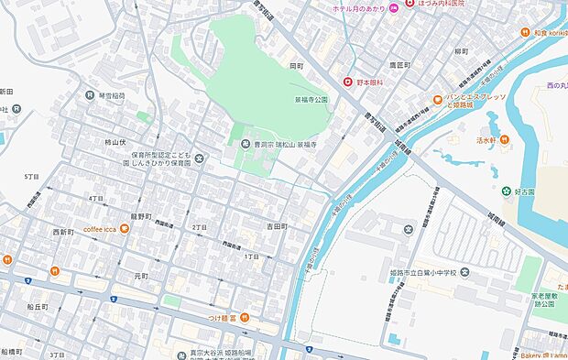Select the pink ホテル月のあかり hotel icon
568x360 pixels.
coord(393,7)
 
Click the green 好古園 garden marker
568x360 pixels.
coord(505,191)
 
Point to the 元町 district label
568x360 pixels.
coord(140,274)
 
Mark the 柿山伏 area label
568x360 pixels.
coord(115,143)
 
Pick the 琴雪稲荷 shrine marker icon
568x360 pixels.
coord(90,94)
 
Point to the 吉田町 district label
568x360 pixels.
coord(278,225)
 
